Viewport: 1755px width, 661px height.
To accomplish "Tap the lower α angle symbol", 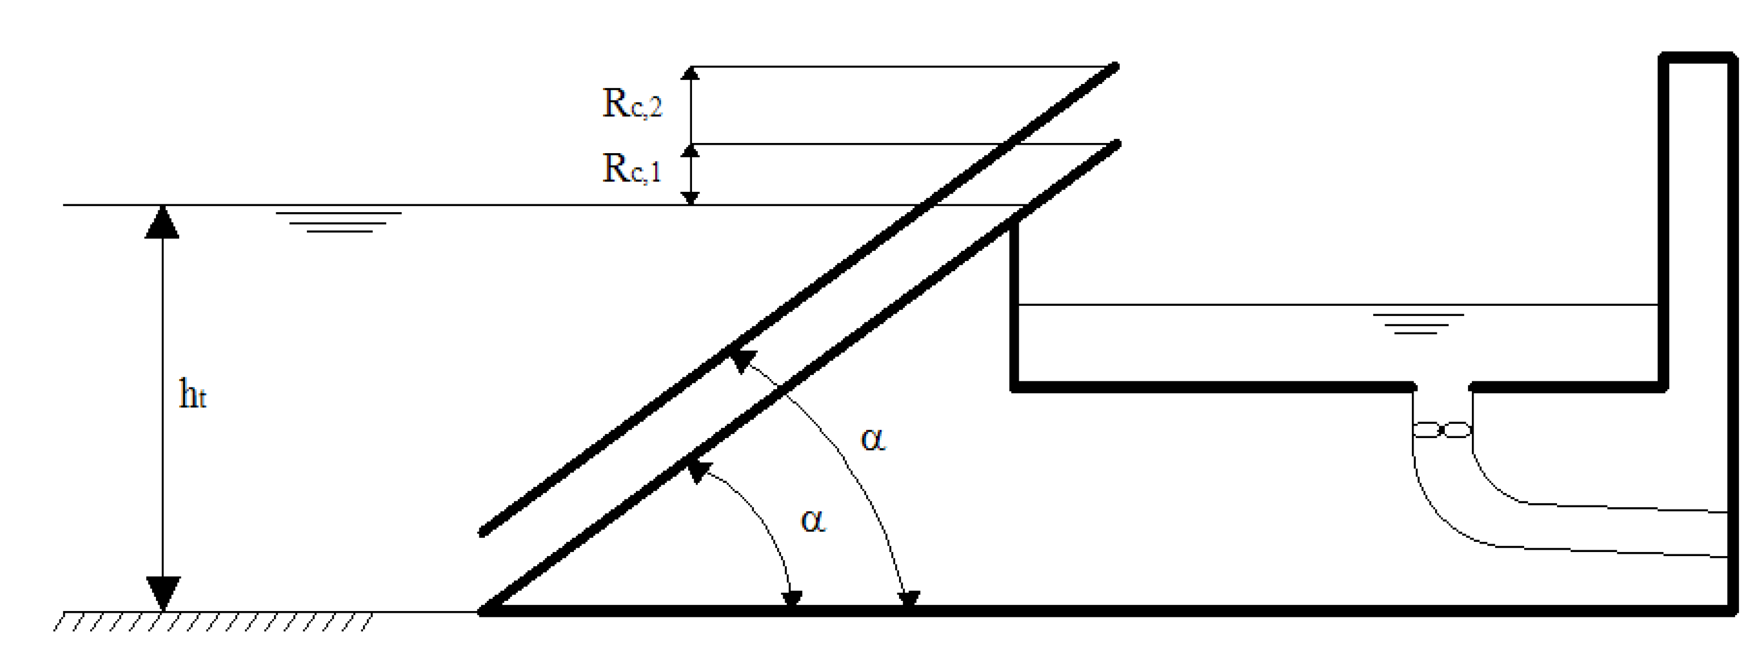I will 813,521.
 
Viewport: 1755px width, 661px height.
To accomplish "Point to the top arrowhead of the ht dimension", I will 162,221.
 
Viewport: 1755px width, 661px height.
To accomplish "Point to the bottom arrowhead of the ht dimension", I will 162,593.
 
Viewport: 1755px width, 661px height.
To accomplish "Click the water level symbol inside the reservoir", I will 1417,323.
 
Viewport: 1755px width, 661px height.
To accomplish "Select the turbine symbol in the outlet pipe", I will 1443,431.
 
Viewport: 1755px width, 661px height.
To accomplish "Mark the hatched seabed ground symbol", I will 213,621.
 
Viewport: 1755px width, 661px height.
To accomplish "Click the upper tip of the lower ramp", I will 1117,143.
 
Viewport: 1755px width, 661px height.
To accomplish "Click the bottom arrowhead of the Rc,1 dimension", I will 691,199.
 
